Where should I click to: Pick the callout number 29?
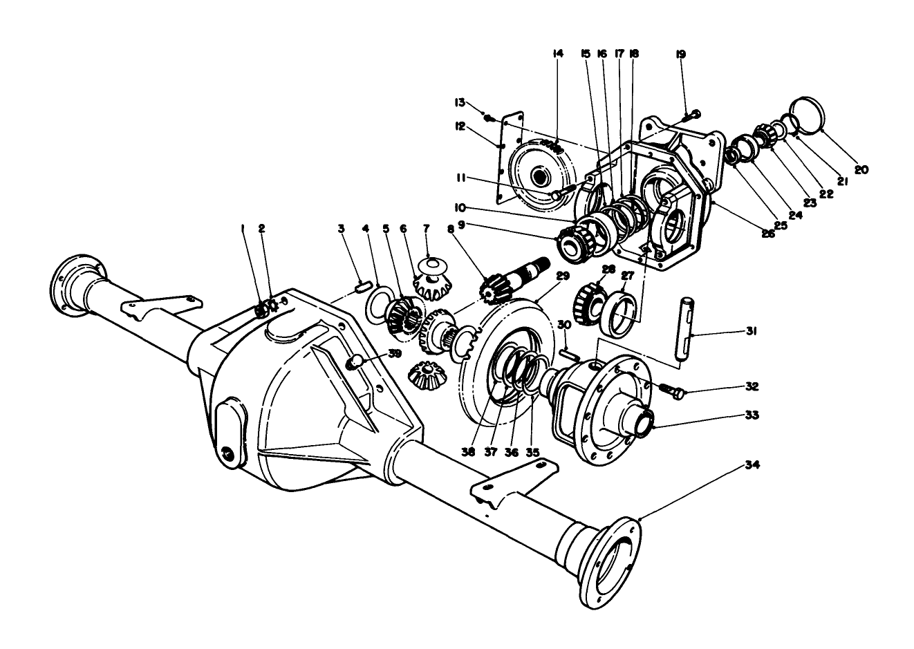562,276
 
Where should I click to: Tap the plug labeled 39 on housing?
353,361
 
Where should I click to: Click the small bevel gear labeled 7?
430,275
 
